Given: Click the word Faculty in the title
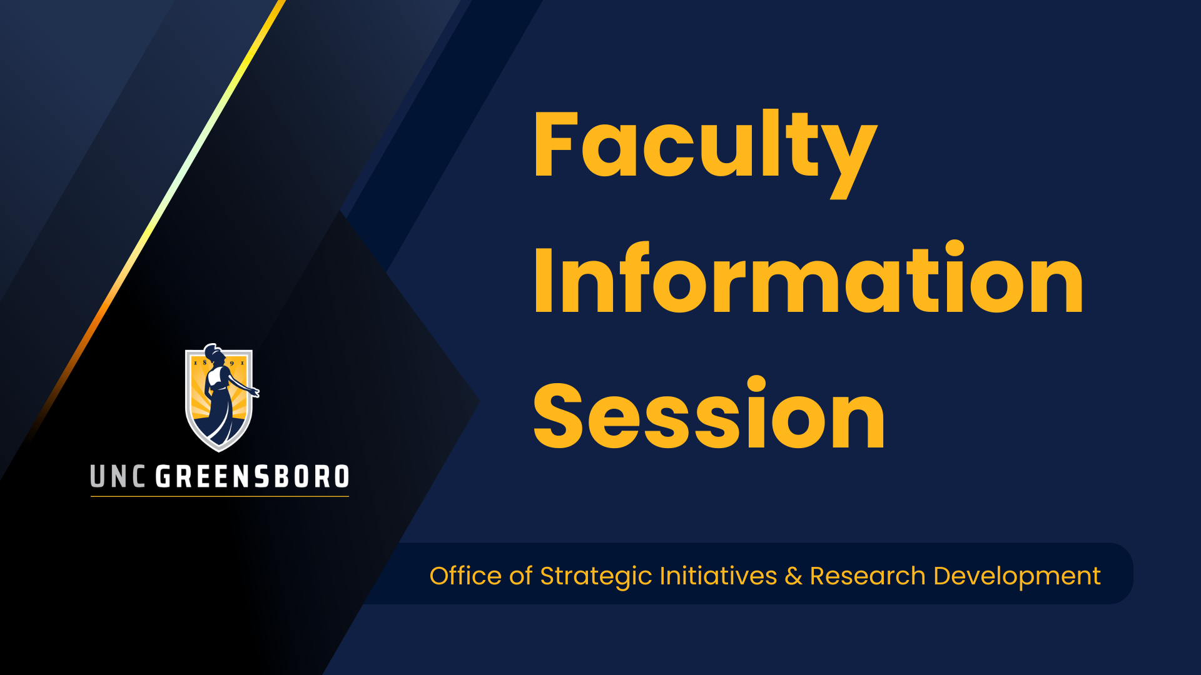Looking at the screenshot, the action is tap(705, 153).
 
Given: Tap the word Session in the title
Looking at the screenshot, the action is tap(709, 413).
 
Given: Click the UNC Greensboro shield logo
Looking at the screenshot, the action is tap(220, 397).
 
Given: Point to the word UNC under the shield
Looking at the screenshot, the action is tap(118, 477).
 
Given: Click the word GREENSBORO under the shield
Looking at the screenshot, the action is tap(252, 477).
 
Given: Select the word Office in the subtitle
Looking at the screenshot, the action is tap(465, 576).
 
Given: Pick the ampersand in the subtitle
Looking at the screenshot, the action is tap(793, 576).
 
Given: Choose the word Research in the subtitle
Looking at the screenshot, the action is tap(868, 576).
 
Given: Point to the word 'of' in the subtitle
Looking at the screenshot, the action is tap(520, 576).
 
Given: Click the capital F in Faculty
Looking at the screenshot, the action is tap(554, 144).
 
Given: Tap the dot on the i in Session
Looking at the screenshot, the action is tap(757, 385).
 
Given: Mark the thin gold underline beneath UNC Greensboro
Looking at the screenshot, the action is tap(220, 496).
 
